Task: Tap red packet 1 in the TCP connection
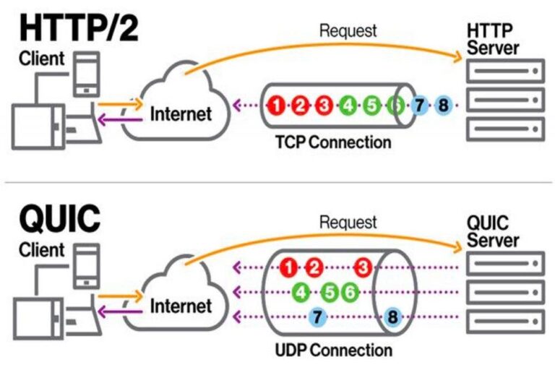pos(276,106)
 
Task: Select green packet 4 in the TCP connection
pos(348,106)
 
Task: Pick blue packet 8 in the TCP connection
pos(443,106)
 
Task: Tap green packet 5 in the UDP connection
pos(330,293)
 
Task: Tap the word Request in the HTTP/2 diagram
pos(348,30)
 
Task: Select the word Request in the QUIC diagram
pos(348,222)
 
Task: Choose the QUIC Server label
pos(493,231)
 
